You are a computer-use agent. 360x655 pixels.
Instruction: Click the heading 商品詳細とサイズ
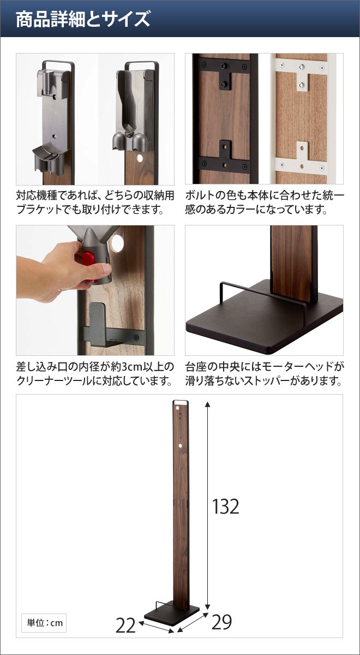click(82, 20)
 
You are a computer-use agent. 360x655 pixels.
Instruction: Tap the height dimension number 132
click(226, 507)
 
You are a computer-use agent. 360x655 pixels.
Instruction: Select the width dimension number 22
click(126, 624)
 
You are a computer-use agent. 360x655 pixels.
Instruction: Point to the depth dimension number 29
click(221, 622)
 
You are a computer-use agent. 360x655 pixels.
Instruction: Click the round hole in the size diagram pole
click(179, 446)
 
